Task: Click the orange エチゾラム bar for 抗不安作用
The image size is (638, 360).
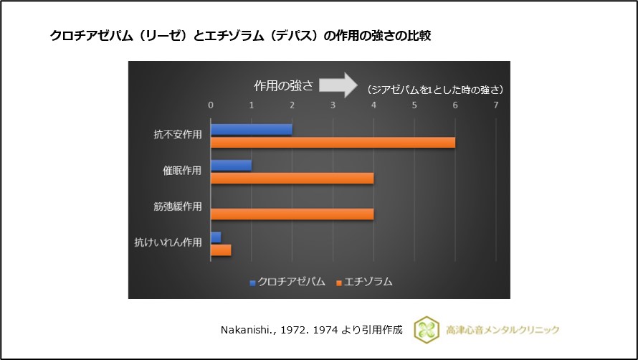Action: click(x=333, y=142)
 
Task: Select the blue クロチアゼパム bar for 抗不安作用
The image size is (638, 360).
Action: click(x=251, y=129)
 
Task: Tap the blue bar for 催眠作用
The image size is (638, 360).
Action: click(x=231, y=165)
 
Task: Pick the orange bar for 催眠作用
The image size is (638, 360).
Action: click(x=292, y=178)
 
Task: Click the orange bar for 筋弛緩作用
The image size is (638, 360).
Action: click(x=292, y=214)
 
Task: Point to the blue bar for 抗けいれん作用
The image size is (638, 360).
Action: click(x=216, y=237)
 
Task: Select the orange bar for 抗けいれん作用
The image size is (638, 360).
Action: click(x=221, y=250)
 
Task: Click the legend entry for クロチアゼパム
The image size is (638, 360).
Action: click(x=287, y=282)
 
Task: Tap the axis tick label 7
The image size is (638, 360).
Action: click(x=495, y=105)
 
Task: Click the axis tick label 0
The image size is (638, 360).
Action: click(x=211, y=105)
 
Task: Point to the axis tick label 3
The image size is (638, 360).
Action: click(x=333, y=105)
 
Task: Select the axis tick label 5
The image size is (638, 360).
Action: click(x=414, y=105)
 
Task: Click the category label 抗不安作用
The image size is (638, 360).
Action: click(x=178, y=135)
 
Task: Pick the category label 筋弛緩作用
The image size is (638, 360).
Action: click(x=178, y=207)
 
